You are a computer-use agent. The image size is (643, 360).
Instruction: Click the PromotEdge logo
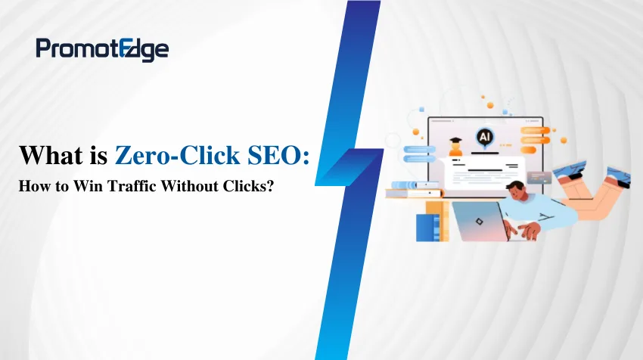click(x=102, y=50)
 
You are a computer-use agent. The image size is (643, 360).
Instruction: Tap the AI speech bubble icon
click(x=483, y=137)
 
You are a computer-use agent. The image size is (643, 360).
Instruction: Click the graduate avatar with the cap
click(x=456, y=145)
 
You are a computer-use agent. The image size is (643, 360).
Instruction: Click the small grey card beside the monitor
click(x=539, y=177)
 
